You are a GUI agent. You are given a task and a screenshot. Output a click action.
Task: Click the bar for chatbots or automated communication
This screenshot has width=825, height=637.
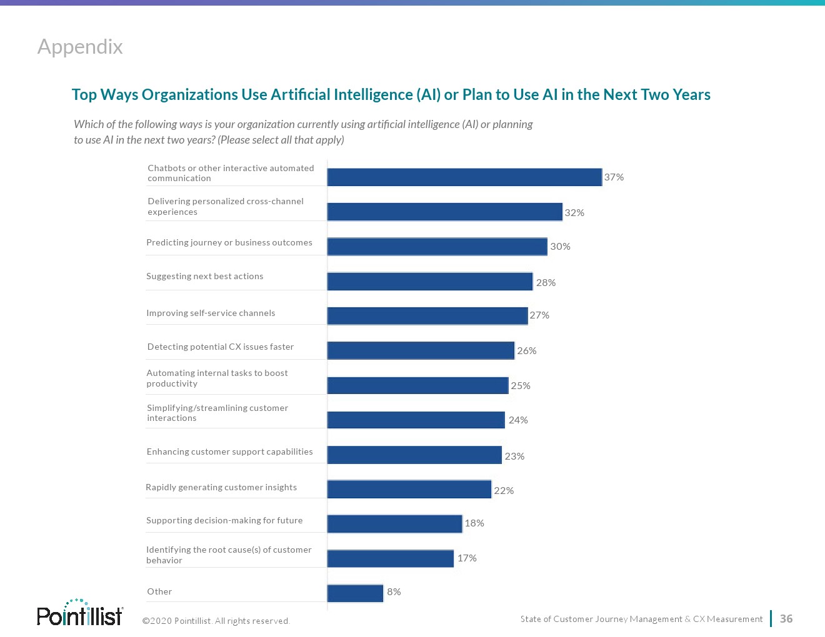464,177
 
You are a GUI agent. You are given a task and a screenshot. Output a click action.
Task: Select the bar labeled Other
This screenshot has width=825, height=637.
355,593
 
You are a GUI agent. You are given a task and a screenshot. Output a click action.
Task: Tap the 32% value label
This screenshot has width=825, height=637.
574,213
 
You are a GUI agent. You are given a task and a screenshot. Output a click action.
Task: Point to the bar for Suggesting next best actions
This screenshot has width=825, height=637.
430,282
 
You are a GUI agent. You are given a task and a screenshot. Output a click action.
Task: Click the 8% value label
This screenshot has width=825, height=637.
394,592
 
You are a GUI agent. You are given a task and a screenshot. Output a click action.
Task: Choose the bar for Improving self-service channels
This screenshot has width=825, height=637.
427,316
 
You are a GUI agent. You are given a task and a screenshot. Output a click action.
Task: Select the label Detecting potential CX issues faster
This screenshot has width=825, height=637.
221,347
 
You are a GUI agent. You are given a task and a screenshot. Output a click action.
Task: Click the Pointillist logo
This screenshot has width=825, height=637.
80,613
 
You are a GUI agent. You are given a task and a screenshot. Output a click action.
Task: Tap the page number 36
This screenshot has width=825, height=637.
786,619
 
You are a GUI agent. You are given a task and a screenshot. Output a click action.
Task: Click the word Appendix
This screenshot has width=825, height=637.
80,47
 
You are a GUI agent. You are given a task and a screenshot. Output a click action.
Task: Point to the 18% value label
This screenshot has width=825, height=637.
474,523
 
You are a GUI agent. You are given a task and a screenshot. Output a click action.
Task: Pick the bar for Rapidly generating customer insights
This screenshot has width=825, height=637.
409,490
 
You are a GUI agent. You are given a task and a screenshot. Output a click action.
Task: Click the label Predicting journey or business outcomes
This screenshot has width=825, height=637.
229,243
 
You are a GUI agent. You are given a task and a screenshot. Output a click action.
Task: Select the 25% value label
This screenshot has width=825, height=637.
521,386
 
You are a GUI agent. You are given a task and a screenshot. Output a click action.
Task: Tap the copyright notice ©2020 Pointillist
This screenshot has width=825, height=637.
216,621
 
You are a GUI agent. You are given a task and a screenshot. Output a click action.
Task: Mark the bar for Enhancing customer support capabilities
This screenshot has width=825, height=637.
414,455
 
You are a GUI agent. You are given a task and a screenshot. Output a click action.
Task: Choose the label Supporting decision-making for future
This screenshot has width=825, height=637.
224,521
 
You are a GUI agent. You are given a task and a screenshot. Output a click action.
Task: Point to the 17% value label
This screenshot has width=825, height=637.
467,558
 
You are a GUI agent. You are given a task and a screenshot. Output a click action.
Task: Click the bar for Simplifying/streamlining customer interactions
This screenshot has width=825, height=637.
416,420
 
